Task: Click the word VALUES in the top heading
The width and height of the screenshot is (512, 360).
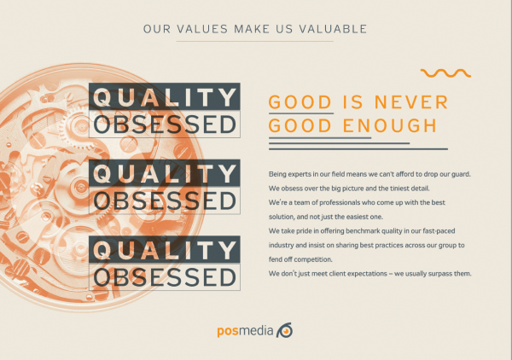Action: click(202, 29)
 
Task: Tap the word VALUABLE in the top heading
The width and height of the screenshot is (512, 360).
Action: click(333, 29)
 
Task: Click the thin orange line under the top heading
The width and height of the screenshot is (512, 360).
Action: click(254, 42)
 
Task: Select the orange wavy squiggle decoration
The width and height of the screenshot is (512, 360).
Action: click(445, 73)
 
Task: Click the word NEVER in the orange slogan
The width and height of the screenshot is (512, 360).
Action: click(411, 102)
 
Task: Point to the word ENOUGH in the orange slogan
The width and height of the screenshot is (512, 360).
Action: click(390, 125)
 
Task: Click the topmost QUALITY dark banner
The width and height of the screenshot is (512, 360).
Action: click(165, 96)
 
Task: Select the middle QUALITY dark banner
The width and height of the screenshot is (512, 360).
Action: click(165, 173)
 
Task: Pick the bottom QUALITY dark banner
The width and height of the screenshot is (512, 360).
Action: click(165, 249)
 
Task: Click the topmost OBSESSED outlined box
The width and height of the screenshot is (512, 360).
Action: click(165, 124)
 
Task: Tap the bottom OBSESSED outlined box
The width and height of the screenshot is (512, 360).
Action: click(165, 276)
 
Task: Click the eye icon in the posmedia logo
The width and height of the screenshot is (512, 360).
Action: click(284, 330)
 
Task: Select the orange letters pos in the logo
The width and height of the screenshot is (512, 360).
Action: click(228, 331)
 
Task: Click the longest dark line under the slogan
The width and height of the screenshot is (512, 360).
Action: click(358, 149)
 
